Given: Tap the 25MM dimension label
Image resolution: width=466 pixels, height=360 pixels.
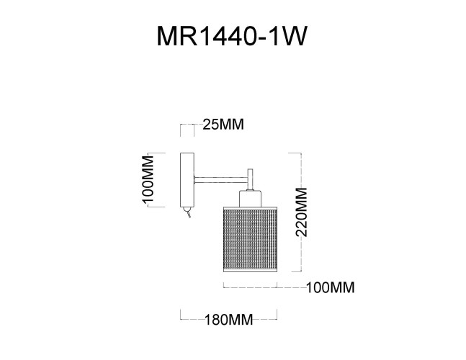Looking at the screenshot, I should [x=223, y=125].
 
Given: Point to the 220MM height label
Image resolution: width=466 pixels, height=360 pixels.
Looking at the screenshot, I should [x=302, y=212].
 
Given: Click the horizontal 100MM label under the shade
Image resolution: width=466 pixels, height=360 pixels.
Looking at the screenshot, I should [x=331, y=288].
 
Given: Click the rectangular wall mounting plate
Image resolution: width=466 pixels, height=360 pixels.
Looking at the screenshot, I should [x=186, y=179].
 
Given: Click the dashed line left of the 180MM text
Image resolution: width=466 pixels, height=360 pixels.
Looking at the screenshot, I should [x=192, y=318].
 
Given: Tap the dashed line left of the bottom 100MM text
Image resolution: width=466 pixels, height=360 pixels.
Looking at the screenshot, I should [x=259, y=288].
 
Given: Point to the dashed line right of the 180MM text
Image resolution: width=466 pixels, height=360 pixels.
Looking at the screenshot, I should [x=266, y=318].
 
